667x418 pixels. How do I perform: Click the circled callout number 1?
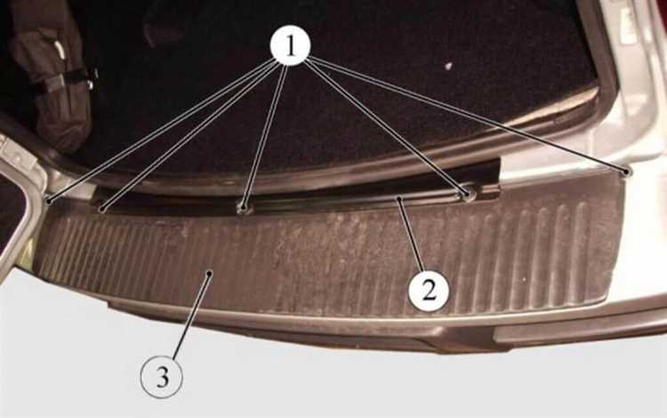(x=291, y=46)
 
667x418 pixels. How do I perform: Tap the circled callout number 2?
(x=429, y=291)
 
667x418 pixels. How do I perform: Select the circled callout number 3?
(x=162, y=377)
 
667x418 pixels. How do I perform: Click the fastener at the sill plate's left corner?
(x=49, y=201)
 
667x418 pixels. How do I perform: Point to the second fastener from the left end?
(x=101, y=209)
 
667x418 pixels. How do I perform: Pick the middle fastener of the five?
(x=244, y=208)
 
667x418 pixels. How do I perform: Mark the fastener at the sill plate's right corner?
(x=626, y=172)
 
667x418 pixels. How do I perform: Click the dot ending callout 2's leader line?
(x=398, y=198)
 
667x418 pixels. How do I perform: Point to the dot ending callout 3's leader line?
(x=208, y=274)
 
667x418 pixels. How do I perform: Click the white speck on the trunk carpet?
(x=447, y=66)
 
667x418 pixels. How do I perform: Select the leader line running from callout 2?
(x=410, y=235)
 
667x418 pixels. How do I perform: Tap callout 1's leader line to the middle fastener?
(x=265, y=136)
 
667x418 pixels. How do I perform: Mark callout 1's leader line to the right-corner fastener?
(x=469, y=114)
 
